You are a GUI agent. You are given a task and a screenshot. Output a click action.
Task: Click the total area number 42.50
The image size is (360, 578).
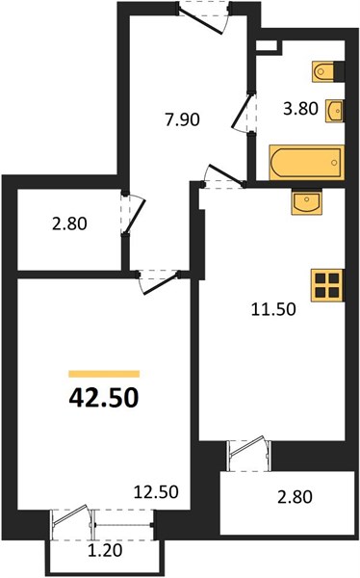(x=104, y=398)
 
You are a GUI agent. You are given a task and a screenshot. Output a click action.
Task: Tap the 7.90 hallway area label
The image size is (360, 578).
(x=182, y=119)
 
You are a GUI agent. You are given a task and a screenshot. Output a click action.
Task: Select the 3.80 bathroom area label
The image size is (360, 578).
(x=300, y=109)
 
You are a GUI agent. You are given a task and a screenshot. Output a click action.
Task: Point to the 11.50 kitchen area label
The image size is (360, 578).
(x=273, y=309)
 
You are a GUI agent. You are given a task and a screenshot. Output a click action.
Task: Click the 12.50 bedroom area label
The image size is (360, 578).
(x=156, y=491)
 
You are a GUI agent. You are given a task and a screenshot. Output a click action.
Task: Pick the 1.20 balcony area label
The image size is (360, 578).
(x=105, y=551)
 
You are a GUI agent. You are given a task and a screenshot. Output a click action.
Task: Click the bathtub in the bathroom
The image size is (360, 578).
(x=306, y=163)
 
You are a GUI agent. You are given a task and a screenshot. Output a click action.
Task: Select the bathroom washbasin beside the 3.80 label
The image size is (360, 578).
(x=334, y=110)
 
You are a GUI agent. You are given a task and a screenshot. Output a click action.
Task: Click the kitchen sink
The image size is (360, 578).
(x=306, y=201)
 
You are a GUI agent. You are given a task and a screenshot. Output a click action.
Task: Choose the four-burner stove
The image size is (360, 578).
(x=327, y=285)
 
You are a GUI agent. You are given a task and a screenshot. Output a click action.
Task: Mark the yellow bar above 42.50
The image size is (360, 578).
(x=104, y=374)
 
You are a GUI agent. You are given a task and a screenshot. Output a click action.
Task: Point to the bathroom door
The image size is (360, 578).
(x=244, y=113)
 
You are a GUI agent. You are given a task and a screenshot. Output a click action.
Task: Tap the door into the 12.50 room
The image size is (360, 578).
(x=159, y=282)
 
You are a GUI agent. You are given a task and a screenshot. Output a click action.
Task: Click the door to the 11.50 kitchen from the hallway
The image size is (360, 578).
(x=223, y=177)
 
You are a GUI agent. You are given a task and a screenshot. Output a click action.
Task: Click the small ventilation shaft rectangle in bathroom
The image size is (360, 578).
(x=267, y=45)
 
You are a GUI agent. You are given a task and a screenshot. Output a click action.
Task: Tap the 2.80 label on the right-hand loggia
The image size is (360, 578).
(x=295, y=496)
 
